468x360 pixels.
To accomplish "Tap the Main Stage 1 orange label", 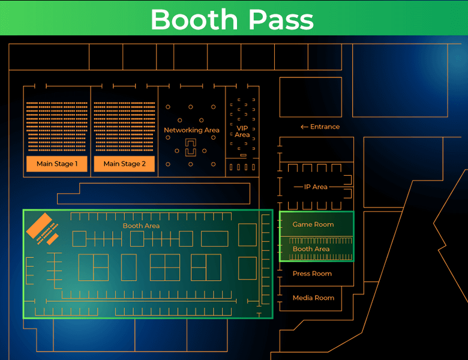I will [57, 164].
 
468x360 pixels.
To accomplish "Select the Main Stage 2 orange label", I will [124, 164].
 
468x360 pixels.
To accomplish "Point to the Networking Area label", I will [191, 130].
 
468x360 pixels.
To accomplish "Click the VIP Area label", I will [242, 131].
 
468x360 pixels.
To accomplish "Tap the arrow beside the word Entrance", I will [304, 127].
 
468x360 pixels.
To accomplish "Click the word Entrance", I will [325, 127].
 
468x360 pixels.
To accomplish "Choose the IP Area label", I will [316, 187].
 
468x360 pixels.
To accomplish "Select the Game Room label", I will [313, 224].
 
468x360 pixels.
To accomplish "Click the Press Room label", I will [312, 274].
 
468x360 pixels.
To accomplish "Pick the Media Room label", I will [313, 298].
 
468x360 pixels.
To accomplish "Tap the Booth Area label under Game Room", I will [311, 249].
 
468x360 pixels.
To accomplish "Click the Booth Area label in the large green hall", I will [141, 226].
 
